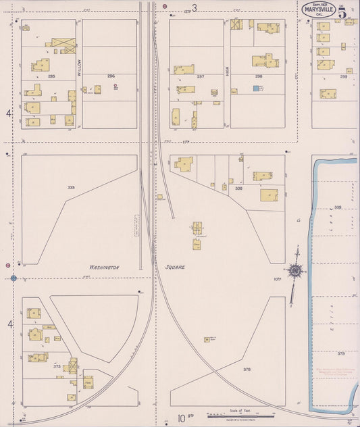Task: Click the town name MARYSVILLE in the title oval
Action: pos(317,10)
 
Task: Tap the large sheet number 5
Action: pos(343,11)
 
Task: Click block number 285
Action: pos(51,76)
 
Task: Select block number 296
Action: pos(111,76)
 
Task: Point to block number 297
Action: pos(200,76)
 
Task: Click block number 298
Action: pos(259,76)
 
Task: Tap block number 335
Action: pos(71,186)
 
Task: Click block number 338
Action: pos(238,189)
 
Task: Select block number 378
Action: pos(247,369)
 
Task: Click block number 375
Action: pos(57,366)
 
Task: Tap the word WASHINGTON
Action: pos(104,268)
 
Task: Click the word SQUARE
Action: pos(174,267)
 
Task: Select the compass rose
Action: pos(295,271)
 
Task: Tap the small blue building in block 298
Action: pos(256,88)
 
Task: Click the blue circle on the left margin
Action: pos(14,278)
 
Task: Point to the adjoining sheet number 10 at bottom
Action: pos(181,418)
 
